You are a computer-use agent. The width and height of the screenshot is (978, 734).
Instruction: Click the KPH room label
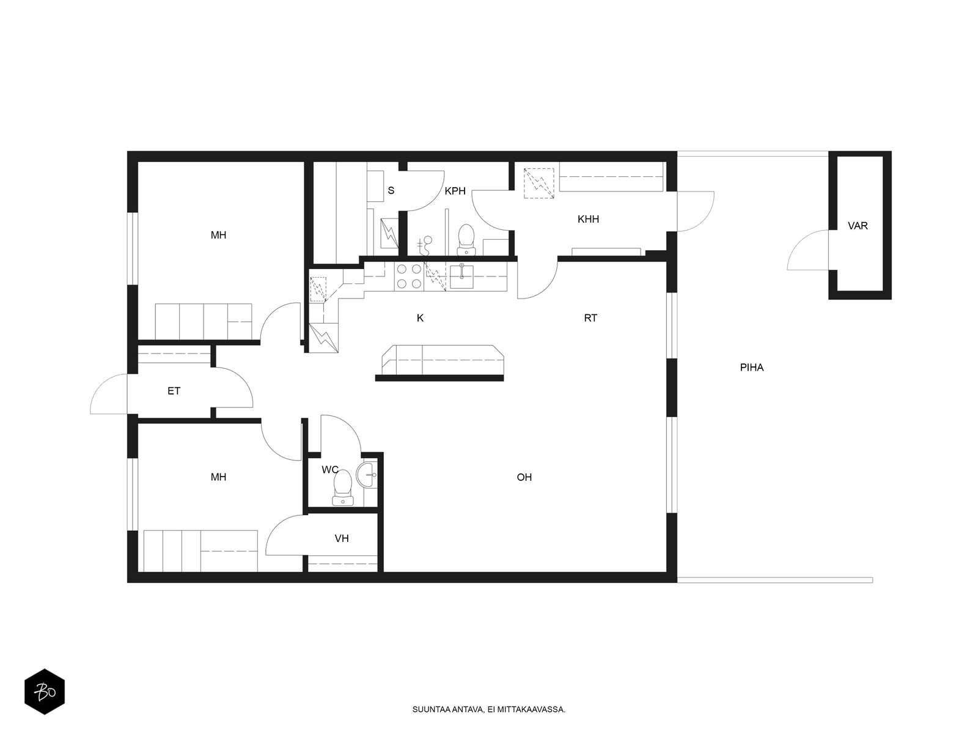coord(455,191)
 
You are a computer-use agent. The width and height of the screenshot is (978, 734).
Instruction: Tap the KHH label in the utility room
coord(588,219)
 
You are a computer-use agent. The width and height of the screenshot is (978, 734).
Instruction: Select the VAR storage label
coord(858,226)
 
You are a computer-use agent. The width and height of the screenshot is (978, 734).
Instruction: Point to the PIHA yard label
coord(752,368)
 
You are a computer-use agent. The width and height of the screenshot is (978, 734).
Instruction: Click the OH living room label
coord(524,477)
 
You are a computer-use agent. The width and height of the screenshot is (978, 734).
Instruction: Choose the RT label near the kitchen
coord(590,318)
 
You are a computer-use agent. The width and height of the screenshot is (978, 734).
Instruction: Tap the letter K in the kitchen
coord(420,318)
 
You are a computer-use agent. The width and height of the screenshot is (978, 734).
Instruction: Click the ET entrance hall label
coord(174,391)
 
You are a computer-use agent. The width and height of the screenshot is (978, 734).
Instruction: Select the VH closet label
coord(342,538)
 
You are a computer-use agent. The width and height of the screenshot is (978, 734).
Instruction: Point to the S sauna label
coord(391,191)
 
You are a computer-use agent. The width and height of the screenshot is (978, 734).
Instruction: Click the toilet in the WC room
coord(343,488)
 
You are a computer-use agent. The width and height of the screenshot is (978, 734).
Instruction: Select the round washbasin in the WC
coord(367,475)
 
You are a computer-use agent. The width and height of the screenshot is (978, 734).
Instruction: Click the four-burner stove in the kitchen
coord(409,276)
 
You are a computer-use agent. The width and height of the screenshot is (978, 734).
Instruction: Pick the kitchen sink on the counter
coord(461,276)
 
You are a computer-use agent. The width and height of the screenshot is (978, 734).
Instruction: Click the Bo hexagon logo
coord(45,692)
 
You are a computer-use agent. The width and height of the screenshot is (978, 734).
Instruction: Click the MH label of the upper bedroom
coord(218,235)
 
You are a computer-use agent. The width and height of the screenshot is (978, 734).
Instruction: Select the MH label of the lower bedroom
coord(218,477)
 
